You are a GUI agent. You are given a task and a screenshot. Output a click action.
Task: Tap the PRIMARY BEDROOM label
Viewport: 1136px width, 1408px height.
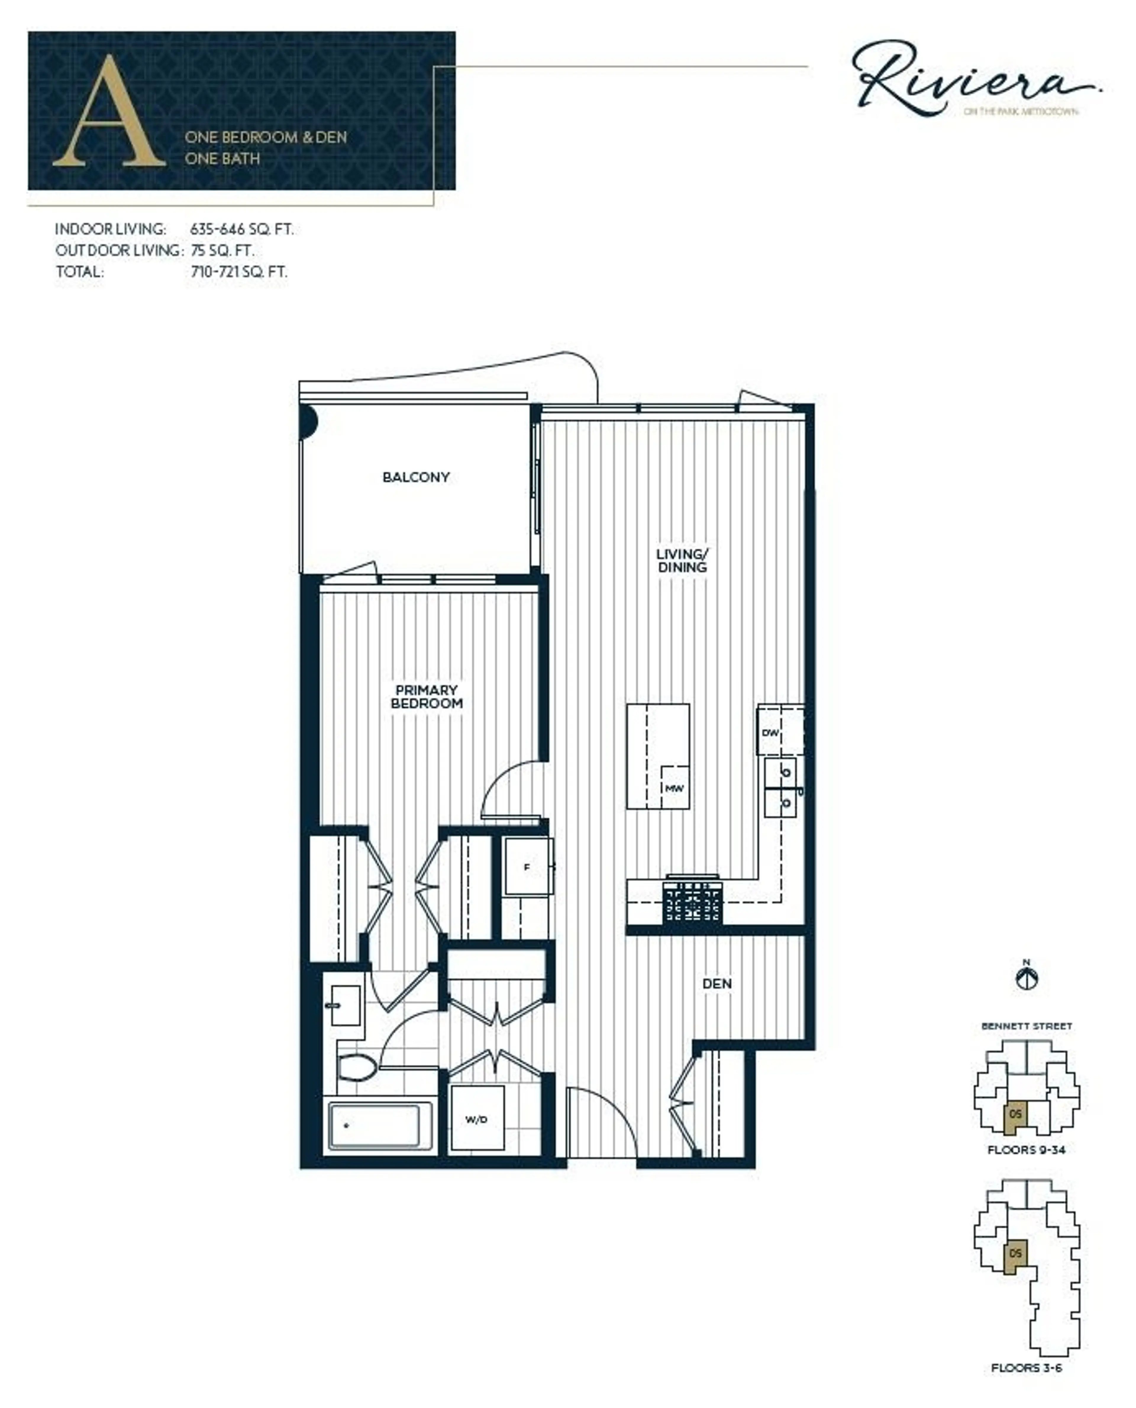coord(427,697)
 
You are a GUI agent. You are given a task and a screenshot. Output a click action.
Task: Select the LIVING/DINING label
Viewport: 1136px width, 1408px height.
coord(682,561)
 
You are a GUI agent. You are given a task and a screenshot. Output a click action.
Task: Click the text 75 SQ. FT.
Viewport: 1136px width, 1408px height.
coord(222,251)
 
